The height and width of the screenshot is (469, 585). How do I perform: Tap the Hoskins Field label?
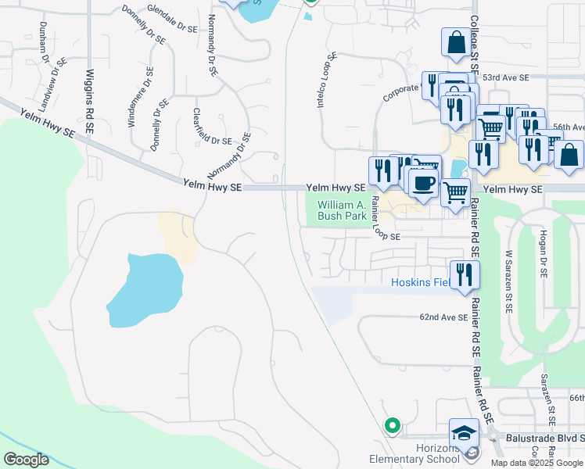click(x=420, y=282)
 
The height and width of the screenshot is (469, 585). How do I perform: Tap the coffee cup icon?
click(x=423, y=183)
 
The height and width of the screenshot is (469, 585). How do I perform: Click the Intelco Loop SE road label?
click(x=327, y=81)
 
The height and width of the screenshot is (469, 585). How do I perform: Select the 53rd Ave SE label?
click(x=505, y=78)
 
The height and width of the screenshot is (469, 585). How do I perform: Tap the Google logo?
click(x=26, y=460)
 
